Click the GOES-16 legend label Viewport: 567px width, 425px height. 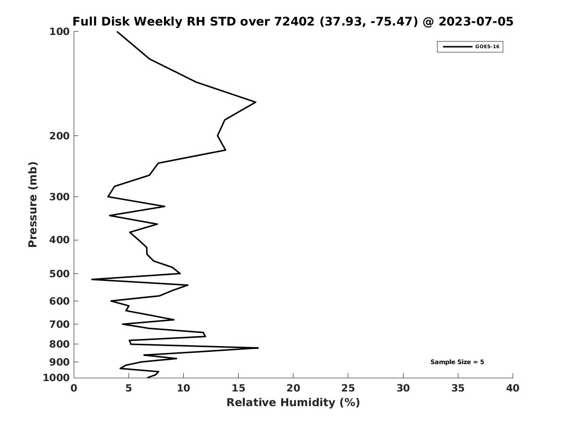pos(487,47)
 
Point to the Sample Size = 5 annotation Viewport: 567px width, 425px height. pos(457,362)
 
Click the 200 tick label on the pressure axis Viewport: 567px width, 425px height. pos(60,136)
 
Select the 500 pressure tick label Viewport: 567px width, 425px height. pos(60,274)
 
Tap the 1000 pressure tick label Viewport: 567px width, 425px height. pos(56,378)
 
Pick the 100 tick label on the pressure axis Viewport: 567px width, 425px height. pos(60,32)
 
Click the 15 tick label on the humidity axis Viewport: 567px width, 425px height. pos(238,388)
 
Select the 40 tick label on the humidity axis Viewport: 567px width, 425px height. pos(513,388)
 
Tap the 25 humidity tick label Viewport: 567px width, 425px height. pos(348,388)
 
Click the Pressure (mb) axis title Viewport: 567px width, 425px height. pos(33,204)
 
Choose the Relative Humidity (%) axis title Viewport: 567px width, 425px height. pos(293,402)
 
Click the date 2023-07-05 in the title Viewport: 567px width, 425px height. pos(476,21)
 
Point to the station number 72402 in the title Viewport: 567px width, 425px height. pos(294,21)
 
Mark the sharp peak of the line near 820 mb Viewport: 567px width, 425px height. pos(258,348)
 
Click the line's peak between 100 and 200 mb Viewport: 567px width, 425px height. pos(256,102)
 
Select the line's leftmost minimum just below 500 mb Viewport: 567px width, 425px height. pos(92,279)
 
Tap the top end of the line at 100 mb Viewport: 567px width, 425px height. pos(117,32)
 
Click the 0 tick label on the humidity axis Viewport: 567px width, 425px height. pos(74,388)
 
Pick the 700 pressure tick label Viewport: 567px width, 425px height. pos(60,324)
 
